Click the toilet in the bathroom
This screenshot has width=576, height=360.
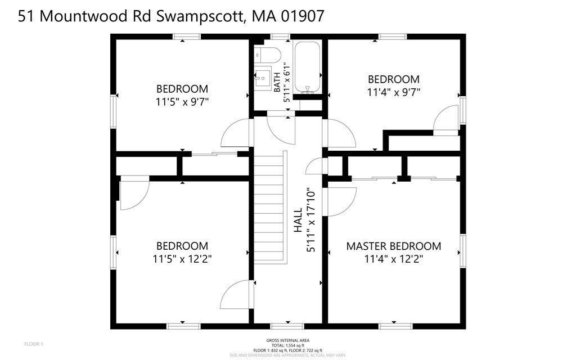(268, 55)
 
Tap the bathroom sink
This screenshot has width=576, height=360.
(263, 76)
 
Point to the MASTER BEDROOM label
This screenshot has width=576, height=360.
(393, 246)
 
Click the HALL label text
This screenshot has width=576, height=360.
(298, 220)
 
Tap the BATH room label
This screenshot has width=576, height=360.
(277, 82)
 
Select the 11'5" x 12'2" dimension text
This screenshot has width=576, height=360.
(182, 259)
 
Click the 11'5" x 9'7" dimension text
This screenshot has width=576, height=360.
(182, 102)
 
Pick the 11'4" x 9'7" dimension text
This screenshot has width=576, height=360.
(393, 92)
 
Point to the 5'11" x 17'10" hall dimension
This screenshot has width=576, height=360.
(311, 220)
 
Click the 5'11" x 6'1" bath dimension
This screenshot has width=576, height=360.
(286, 82)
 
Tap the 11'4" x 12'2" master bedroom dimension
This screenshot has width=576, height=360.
(393, 259)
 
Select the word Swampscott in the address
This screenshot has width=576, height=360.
(200, 16)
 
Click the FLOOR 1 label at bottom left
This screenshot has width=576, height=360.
(33, 344)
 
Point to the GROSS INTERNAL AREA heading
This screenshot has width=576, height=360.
(287, 340)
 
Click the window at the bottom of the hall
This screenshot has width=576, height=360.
(287, 326)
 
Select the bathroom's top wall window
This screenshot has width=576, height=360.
(280, 37)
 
